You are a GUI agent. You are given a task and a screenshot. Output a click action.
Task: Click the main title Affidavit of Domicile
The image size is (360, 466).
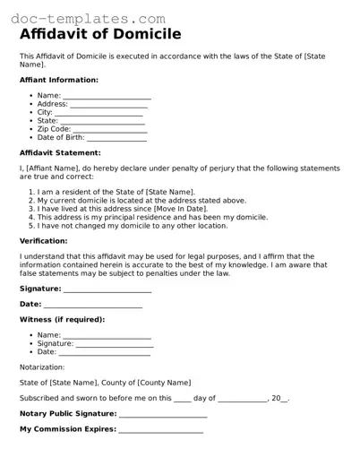[100, 34]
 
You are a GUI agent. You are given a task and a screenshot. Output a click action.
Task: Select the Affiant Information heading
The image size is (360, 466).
[59, 80]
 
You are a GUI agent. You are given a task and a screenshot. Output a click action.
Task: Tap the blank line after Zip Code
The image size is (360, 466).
[111, 129]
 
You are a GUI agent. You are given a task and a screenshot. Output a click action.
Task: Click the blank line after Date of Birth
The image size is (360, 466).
[116, 138]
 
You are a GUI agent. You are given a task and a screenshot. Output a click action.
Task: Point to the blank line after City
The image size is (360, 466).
[99, 112]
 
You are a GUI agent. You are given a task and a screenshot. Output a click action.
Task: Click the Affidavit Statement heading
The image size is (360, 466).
[62, 153]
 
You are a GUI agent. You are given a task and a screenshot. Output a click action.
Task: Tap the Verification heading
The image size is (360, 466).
[47, 241]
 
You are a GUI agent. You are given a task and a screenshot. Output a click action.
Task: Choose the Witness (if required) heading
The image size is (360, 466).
[62, 319]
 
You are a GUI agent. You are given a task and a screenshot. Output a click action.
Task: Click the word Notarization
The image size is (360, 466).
[42, 367]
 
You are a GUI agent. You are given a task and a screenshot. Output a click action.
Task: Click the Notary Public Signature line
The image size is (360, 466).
[163, 414]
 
